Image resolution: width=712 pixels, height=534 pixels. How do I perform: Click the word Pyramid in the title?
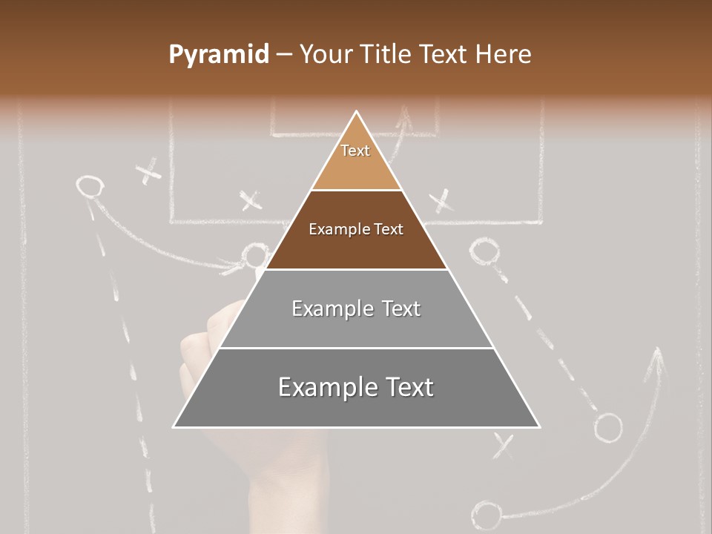pyautogui.click(x=218, y=55)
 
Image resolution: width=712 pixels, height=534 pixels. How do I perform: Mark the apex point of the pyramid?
pyautogui.click(x=357, y=113)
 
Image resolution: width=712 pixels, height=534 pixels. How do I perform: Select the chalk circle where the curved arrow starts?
pyautogui.click(x=486, y=513)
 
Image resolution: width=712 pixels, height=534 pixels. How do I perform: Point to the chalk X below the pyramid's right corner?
pyautogui.click(x=504, y=445)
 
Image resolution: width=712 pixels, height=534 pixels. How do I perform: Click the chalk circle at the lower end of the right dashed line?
pyautogui.click(x=608, y=427)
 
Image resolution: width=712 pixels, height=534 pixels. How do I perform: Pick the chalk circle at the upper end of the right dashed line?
pyautogui.click(x=484, y=252)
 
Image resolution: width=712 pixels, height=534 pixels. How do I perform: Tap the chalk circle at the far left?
pyautogui.click(x=89, y=186)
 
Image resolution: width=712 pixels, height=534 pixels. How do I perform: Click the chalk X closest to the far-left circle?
pyautogui.click(x=149, y=172)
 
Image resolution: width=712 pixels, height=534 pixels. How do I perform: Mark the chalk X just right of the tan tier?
pyautogui.click(x=441, y=200)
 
